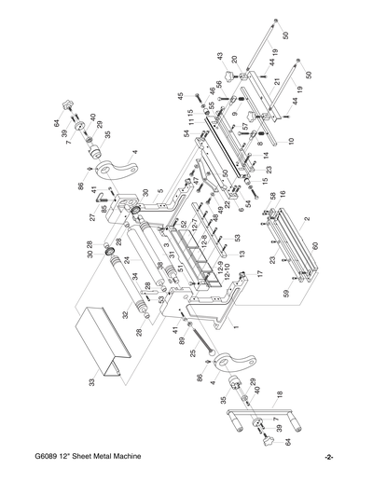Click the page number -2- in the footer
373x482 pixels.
tap(329, 457)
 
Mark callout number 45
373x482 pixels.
tap(181, 95)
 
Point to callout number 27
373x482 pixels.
tap(91, 217)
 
